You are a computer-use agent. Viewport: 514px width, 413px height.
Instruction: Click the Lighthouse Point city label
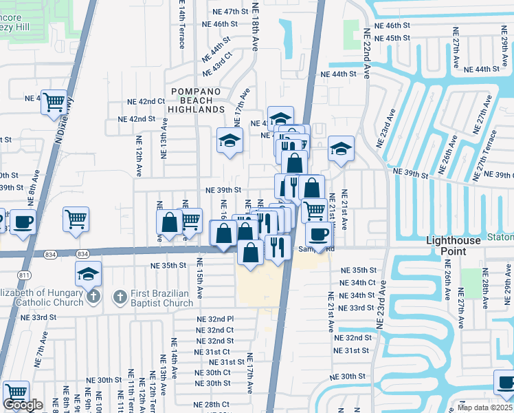[456, 246]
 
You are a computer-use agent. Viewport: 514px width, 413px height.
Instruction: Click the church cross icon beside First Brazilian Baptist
[120, 297]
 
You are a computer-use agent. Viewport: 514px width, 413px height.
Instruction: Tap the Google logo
[23, 405]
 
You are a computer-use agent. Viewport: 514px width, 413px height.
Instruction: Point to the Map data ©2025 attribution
[485, 407]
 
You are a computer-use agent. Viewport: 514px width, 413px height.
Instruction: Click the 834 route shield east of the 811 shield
[82, 254]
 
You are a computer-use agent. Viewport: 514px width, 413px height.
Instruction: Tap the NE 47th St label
[225, 12]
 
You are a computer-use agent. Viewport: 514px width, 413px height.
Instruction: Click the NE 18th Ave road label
[255, 27]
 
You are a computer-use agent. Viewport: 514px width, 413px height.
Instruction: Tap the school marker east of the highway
[340, 149]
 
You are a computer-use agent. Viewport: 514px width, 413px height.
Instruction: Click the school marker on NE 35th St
[89, 274]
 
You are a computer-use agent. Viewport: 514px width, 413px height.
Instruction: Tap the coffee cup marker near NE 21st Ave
[318, 234]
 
